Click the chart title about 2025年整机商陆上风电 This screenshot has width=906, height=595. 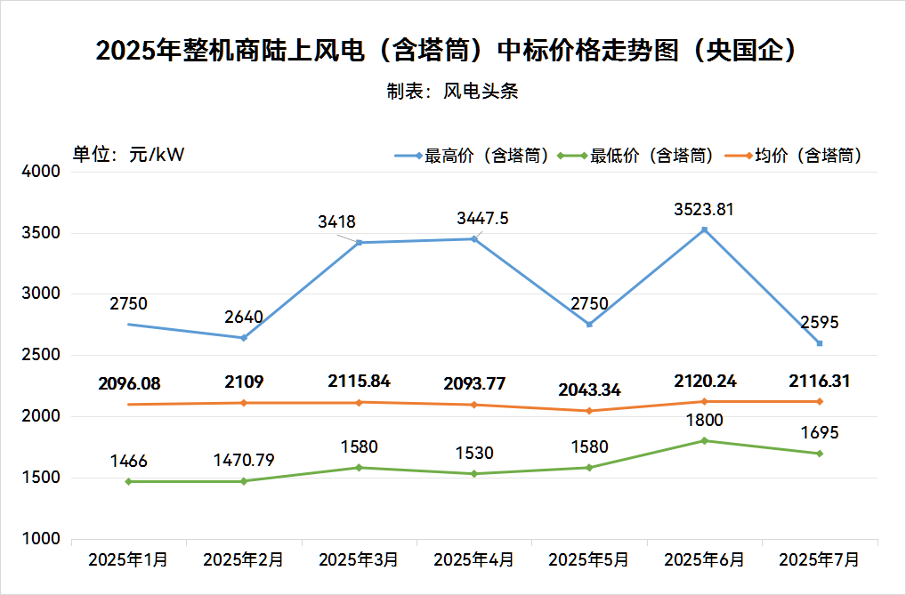click(x=445, y=50)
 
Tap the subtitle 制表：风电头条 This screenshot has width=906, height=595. click(x=452, y=92)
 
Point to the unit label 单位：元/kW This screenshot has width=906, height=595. click(x=128, y=154)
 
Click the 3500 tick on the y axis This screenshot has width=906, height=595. click(x=41, y=233)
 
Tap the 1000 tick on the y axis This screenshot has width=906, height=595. click(x=41, y=539)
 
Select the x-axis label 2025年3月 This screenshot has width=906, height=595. click(x=359, y=560)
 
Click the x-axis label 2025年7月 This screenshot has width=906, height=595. click(x=819, y=560)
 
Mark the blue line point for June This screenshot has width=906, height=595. click(x=704, y=230)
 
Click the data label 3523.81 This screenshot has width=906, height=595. click(x=704, y=210)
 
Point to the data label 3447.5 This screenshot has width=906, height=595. click(x=482, y=218)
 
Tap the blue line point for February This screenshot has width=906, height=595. click(x=244, y=338)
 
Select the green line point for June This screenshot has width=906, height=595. click(x=704, y=441)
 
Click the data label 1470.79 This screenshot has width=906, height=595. click(x=244, y=461)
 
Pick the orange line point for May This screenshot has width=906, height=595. click(x=589, y=411)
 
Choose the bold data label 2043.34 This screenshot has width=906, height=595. click(x=589, y=390)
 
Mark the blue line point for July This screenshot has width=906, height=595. click(x=819, y=343)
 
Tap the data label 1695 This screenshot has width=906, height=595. click(x=819, y=433)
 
